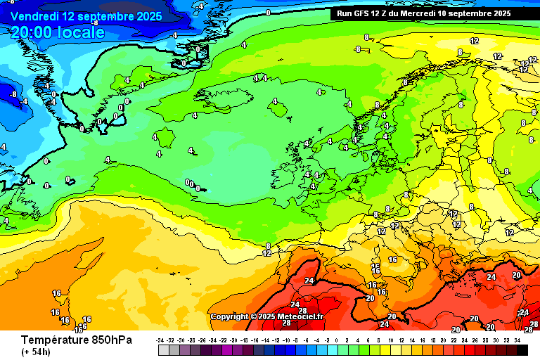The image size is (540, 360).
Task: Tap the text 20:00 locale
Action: point(58,32)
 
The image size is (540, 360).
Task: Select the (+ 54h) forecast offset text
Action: point(35,352)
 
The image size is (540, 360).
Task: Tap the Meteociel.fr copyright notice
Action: point(266,316)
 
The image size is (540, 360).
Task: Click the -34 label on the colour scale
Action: point(163,340)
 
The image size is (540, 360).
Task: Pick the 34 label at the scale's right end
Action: point(517,340)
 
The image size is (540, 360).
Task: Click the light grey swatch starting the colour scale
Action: point(164,349)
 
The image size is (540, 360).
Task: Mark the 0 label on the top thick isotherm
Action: point(268,12)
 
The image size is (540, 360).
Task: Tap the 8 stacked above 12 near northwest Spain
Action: point(268,246)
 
